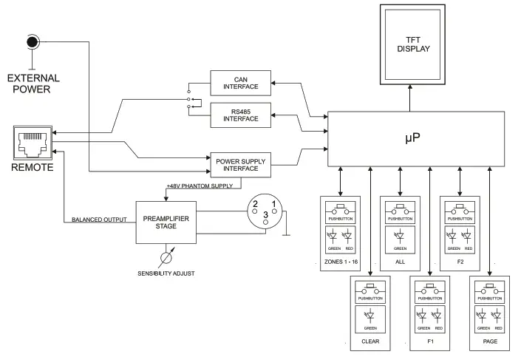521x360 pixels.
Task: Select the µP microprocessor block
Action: tap(415, 138)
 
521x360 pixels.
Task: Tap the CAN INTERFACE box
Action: tap(242, 82)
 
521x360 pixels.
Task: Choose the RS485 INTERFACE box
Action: tap(242, 114)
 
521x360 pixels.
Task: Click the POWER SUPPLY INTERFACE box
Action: tap(242, 163)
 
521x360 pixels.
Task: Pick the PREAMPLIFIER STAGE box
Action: tap(167, 223)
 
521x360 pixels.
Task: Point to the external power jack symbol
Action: tap(31, 43)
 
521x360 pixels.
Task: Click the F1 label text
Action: tap(429, 342)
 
